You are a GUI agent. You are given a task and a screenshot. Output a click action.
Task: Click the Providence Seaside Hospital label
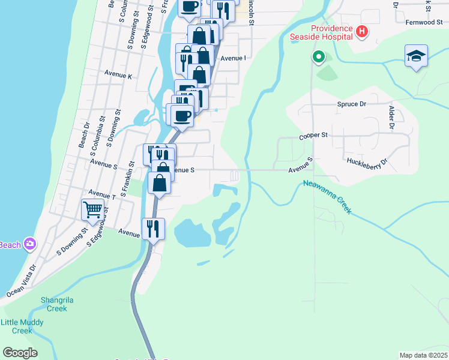pyautogui.click(x=331, y=32)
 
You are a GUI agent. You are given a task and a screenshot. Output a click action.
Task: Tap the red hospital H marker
pyautogui.click(x=361, y=31)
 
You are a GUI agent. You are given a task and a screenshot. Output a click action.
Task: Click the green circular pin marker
pyautogui.click(x=318, y=58)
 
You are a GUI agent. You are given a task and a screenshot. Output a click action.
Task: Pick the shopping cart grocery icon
pyautogui.click(x=92, y=210)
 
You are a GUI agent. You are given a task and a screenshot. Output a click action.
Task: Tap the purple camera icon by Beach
pyautogui.click(x=31, y=244)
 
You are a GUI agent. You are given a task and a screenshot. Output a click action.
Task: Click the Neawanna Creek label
pyautogui.click(x=327, y=197)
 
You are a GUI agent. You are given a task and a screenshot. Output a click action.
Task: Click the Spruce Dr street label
pyautogui.click(x=351, y=104)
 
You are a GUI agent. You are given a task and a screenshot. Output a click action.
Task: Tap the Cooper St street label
pyautogui.click(x=313, y=136)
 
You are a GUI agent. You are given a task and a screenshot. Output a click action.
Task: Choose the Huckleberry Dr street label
pyautogui.click(x=367, y=161)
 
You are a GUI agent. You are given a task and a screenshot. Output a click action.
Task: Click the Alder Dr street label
pyautogui.click(x=391, y=118)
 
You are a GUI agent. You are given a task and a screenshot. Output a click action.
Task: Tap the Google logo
pyautogui.click(x=20, y=353)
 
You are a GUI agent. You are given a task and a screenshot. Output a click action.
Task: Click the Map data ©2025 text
pyautogui.click(x=423, y=355)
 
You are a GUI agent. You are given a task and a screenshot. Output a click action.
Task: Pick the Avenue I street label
pyautogui.click(x=233, y=58)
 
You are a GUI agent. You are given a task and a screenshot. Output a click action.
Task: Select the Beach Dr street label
pyautogui.click(x=83, y=136)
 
